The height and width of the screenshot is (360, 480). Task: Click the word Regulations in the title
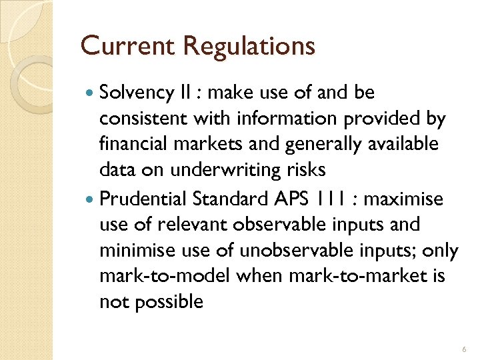tap(249, 47)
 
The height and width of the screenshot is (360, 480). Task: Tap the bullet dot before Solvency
tap(89, 93)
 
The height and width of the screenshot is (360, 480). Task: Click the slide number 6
tap(463, 349)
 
